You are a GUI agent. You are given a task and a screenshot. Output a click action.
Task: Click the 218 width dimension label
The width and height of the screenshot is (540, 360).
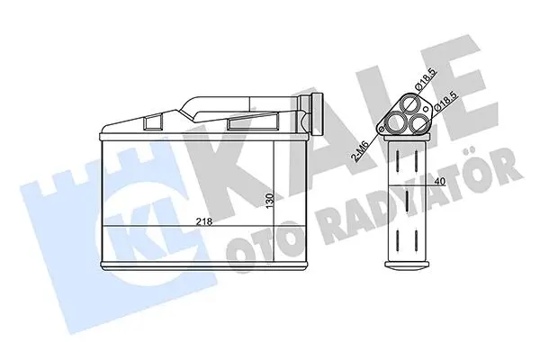tap(204, 222)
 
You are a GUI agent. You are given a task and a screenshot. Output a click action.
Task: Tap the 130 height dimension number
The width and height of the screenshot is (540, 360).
tap(270, 201)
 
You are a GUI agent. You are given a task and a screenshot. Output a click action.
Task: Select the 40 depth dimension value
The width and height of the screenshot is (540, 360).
tap(440, 181)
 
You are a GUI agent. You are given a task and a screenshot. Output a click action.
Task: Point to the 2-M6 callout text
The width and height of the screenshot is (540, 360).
tap(360, 150)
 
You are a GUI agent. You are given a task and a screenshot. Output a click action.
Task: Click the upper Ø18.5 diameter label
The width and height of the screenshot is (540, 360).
tap(426, 80)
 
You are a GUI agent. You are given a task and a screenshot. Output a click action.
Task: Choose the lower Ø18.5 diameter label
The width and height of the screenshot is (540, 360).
tap(446, 101)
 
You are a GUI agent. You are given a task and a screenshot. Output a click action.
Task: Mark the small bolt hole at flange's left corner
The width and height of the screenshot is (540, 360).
tap(381, 129)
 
